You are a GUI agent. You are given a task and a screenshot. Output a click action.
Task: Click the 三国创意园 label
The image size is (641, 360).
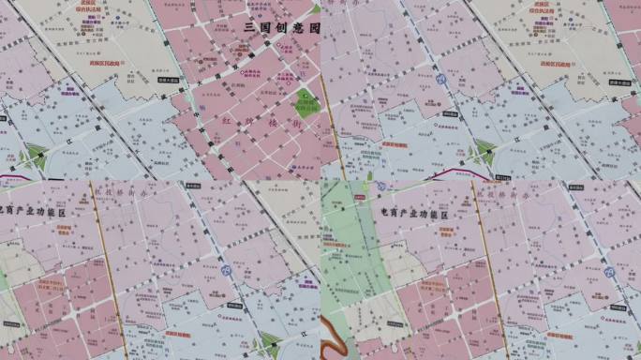pyautogui.click(x=282, y=29)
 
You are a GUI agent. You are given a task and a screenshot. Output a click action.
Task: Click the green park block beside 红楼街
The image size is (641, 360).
pyautogui.click(x=306, y=103)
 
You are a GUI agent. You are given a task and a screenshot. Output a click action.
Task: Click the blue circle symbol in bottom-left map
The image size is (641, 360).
pyautogui.click(x=226, y=270)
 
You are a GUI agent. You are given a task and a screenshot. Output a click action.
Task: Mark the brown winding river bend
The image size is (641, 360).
pyautogui.click(x=334, y=331)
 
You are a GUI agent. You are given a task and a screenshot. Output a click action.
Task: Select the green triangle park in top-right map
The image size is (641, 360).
pyautogui.click(x=484, y=151)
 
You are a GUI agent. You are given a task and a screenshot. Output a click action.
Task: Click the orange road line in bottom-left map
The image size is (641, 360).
pyautogui.click(x=110, y=272)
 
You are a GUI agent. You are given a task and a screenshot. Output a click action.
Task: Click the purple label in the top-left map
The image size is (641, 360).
pyautogui.click(x=69, y=91)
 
